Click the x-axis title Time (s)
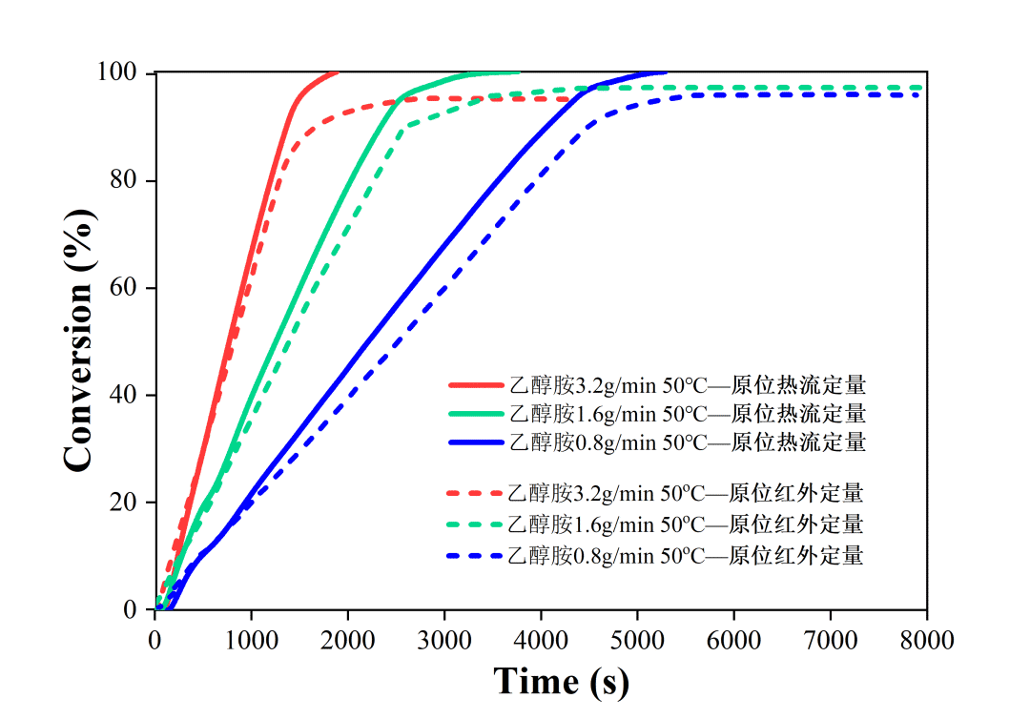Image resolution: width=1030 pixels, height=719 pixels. click(x=561, y=681)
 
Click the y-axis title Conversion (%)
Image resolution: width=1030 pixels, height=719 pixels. click(x=79, y=341)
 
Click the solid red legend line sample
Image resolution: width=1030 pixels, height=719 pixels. click(x=475, y=385)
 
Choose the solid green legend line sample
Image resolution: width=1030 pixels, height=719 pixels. click(x=475, y=414)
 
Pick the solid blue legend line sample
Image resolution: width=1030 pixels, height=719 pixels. click(x=475, y=442)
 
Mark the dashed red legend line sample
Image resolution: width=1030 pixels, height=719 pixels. click(x=475, y=494)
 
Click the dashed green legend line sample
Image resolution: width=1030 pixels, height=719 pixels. click(x=475, y=524)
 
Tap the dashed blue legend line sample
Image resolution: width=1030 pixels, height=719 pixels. click(x=475, y=555)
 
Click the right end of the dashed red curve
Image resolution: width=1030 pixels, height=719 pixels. click(x=568, y=99)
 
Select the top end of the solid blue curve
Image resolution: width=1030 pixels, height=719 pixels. click(x=665, y=72)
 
